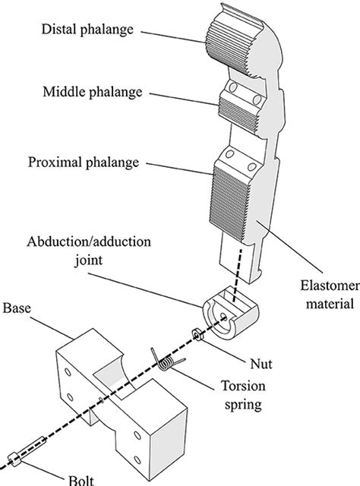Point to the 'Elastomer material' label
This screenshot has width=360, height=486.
coord(320,295)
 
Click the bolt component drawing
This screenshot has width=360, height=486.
coord(27,453)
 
